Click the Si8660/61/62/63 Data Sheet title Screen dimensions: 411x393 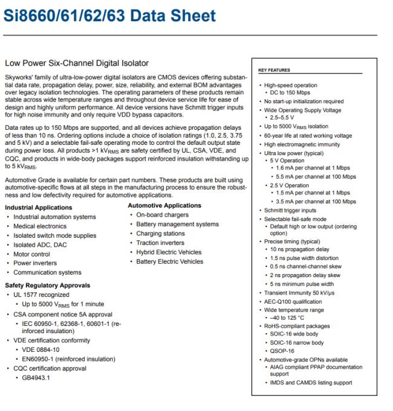[x=109, y=14]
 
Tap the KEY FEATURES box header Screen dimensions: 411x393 [x=274, y=70]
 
